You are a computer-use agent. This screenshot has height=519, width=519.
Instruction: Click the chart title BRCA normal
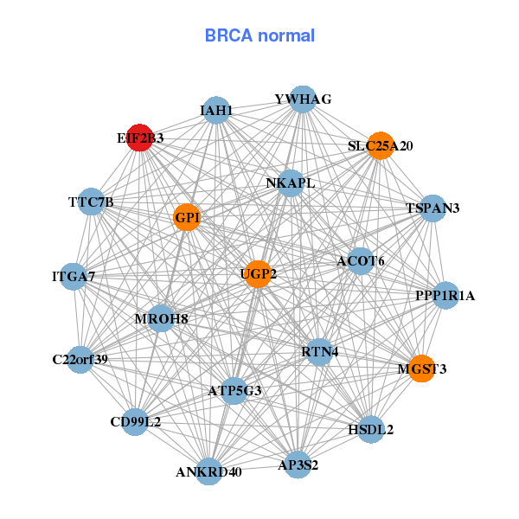(x=259, y=35)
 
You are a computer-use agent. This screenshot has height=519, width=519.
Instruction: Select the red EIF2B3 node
(x=139, y=138)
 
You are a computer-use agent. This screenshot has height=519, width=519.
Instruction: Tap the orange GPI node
(x=187, y=217)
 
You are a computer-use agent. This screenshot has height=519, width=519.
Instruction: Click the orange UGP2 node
(x=258, y=274)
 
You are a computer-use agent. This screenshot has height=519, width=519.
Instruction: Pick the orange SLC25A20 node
(x=380, y=145)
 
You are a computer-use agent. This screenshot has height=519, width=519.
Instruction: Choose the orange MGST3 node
(x=421, y=368)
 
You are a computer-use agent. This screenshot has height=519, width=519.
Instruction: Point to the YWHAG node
(x=302, y=99)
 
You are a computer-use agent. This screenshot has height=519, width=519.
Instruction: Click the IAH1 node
(x=216, y=110)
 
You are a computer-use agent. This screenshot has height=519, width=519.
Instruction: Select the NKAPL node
(x=291, y=183)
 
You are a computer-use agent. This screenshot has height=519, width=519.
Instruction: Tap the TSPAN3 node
(x=432, y=208)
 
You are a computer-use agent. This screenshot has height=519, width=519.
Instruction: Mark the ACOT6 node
(x=361, y=260)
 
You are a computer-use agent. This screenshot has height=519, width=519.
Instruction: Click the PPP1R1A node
(x=445, y=296)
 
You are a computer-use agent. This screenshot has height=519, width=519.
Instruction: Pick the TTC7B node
(x=91, y=202)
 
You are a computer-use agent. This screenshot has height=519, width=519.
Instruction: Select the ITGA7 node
(x=74, y=277)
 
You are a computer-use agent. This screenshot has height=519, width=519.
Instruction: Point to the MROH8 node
(x=161, y=318)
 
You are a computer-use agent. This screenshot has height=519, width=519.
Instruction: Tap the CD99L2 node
(x=135, y=422)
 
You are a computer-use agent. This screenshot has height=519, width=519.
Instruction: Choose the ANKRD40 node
(x=208, y=471)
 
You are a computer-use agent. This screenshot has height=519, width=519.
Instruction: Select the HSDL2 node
(x=370, y=429)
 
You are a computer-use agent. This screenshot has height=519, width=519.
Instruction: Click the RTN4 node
(x=319, y=352)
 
